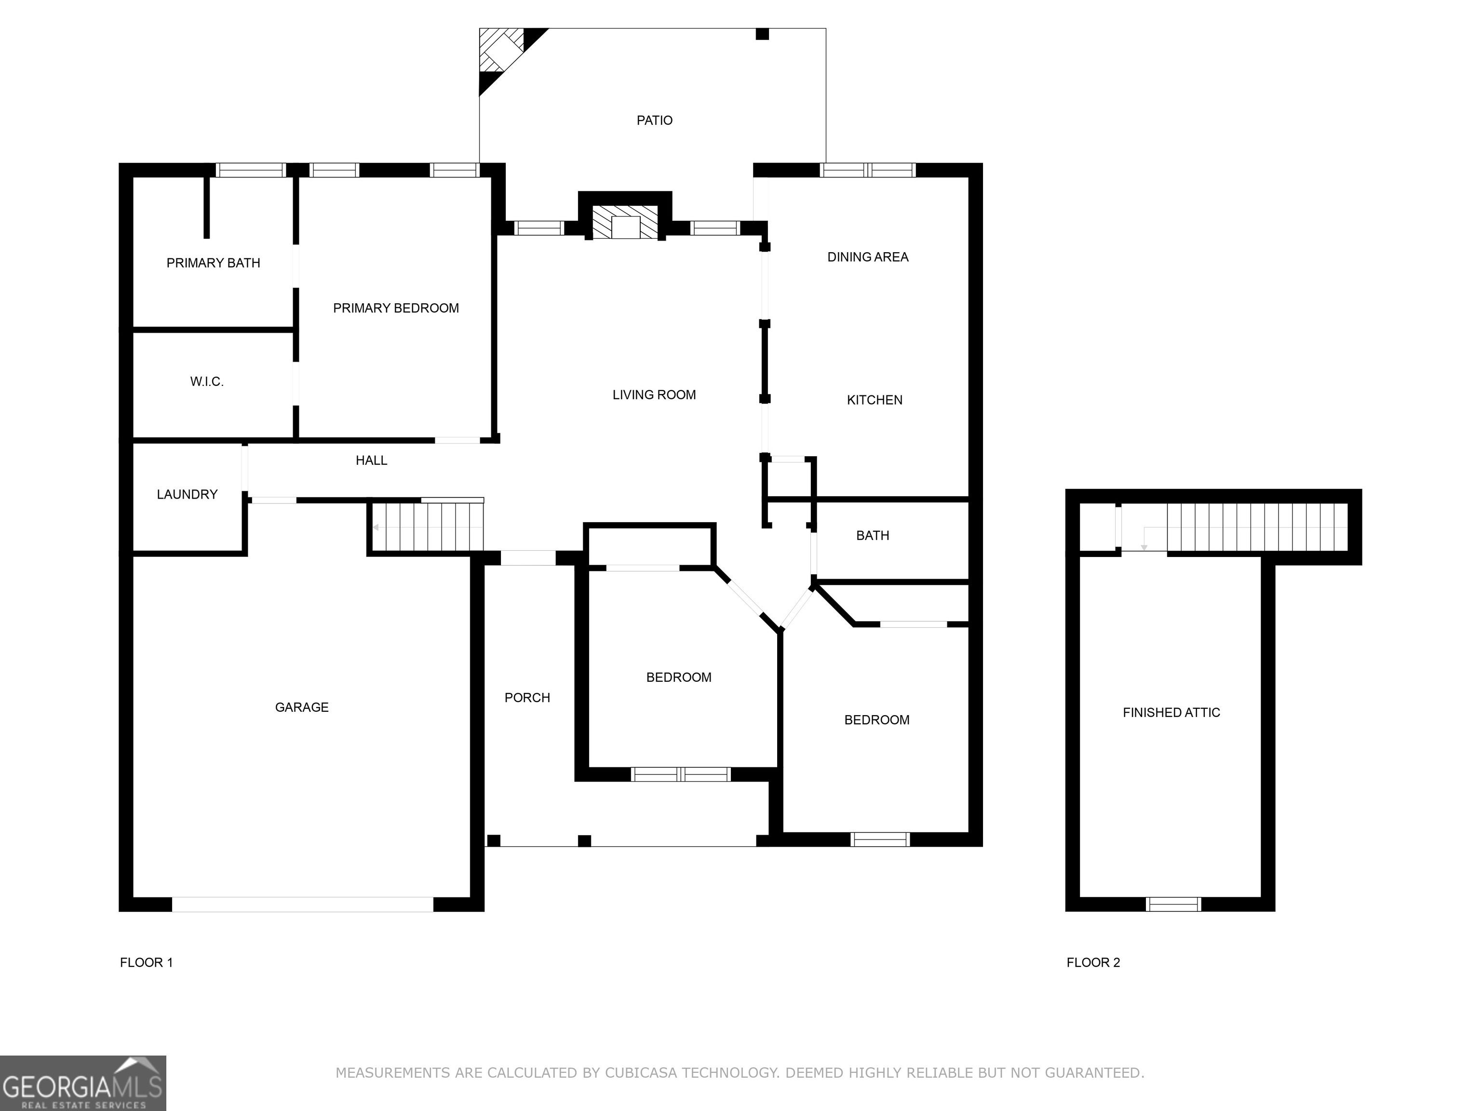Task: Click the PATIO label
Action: click(654, 121)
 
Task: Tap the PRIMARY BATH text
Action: click(213, 263)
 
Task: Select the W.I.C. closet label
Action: click(206, 382)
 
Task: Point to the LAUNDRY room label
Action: click(187, 494)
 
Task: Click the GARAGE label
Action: click(301, 707)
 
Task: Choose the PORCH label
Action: click(527, 698)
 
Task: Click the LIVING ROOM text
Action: click(653, 395)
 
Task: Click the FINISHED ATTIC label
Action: click(1171, 713)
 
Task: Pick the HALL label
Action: click(371, 460)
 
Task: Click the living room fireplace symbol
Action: click(625, 222)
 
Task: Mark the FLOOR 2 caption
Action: click(1093, 962)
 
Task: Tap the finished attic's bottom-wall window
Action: click(1173, 905)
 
